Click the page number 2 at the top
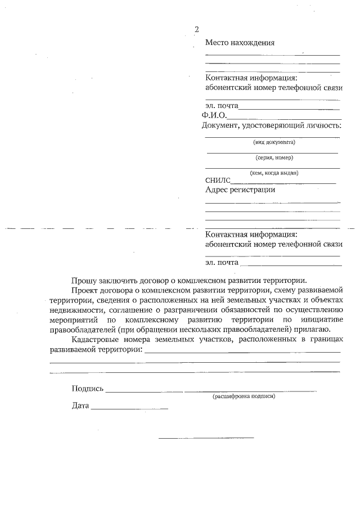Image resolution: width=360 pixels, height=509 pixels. click(196, 30)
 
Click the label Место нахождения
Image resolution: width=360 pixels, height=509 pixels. click(240, 43)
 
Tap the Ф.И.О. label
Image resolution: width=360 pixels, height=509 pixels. click(214, 115)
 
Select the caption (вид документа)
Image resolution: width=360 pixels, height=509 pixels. click(274, 142)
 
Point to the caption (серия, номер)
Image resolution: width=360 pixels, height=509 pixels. click(274, 157)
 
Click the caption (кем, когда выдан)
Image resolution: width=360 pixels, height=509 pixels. click(274, 173)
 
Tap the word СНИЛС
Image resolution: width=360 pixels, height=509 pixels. click(218, 181)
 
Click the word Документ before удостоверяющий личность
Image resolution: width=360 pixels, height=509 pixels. click(220, 125)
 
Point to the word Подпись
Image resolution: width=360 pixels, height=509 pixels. click(88, 389)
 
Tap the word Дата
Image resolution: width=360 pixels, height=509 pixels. click(80, 406)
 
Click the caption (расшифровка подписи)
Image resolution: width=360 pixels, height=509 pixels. click(244, 397)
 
